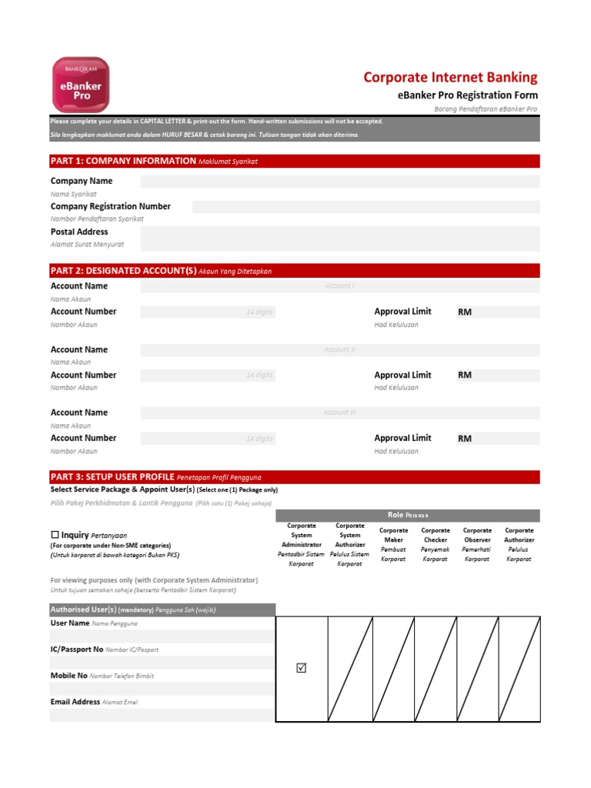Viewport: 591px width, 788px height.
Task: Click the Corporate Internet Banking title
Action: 450,78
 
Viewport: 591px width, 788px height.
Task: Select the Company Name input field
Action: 339,182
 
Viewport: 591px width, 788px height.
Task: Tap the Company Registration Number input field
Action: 366,207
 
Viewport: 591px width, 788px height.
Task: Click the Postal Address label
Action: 79,232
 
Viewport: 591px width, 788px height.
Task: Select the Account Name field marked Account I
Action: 339,286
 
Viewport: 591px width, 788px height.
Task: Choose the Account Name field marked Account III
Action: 339,413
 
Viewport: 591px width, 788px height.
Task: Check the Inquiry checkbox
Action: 55,535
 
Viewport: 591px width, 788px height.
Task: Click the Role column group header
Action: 408,516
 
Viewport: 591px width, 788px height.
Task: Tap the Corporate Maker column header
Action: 394,545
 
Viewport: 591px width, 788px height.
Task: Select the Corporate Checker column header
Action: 436,545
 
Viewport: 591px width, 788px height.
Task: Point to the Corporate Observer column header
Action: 477,545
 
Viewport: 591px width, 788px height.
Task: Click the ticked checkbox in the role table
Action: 302,668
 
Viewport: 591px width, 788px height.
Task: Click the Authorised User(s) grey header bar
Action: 162,610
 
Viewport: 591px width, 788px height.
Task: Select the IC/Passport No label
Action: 76,649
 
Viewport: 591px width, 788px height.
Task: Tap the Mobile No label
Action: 69,676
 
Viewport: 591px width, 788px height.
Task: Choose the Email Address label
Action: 75,702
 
